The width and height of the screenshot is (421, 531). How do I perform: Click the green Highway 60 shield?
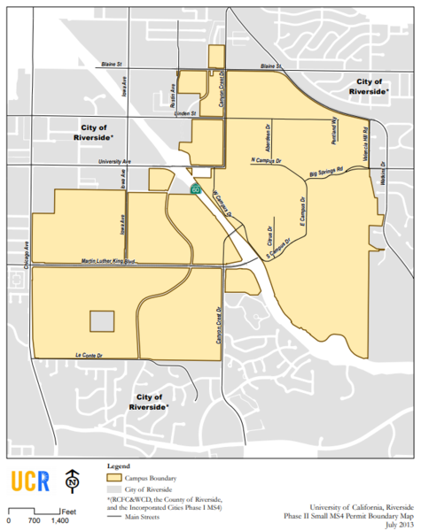195,189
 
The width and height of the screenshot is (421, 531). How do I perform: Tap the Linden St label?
183,112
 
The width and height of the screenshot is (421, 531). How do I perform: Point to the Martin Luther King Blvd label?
107,262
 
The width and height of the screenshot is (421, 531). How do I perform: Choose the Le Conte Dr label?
90,354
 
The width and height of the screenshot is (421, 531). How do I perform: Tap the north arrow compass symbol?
70,481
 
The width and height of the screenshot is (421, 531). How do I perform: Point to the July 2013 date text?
396,524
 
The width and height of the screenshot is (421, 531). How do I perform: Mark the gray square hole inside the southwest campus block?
103,321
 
